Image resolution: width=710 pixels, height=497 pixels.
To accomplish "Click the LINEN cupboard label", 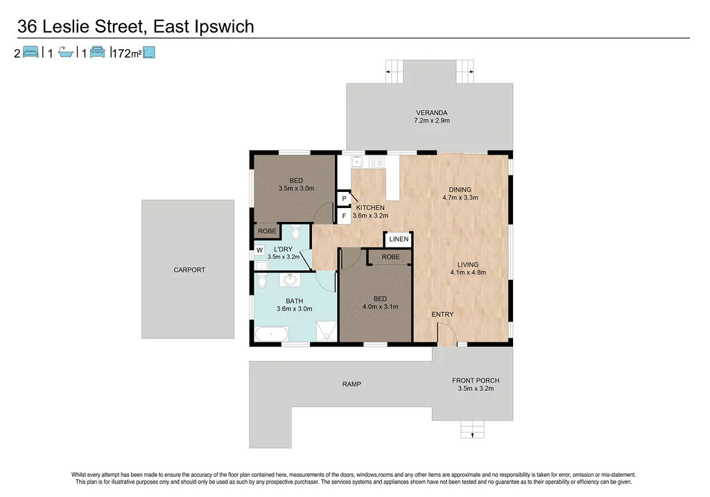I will (399, 239).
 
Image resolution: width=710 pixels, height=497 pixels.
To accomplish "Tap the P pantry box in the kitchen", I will (344, 199).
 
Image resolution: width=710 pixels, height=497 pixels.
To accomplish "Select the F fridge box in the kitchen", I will (344, 216).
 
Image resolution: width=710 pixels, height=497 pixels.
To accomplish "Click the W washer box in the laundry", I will (260, 250).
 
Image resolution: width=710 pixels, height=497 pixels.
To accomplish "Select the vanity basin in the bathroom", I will (290, 281).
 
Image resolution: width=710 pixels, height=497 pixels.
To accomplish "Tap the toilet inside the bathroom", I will (261, 281).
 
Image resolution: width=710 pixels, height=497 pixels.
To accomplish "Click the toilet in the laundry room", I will (295, 232).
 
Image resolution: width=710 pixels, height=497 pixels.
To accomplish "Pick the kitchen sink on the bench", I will (357, 162).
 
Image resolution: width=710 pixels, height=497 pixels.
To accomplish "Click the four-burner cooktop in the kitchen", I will (377, 162).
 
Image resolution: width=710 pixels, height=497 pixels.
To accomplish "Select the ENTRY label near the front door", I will (442, 315).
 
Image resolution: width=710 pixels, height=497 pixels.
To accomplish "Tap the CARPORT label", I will (189, 270).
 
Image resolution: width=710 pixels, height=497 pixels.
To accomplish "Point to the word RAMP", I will (352, 384).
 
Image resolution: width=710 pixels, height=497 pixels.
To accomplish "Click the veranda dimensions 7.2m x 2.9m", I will (432, 121).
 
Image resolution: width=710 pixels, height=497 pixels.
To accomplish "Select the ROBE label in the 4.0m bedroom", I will (390, 256).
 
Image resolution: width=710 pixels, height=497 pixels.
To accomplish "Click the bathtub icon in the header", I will (66, 52).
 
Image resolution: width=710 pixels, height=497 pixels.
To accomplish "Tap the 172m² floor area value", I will (126, 53).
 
